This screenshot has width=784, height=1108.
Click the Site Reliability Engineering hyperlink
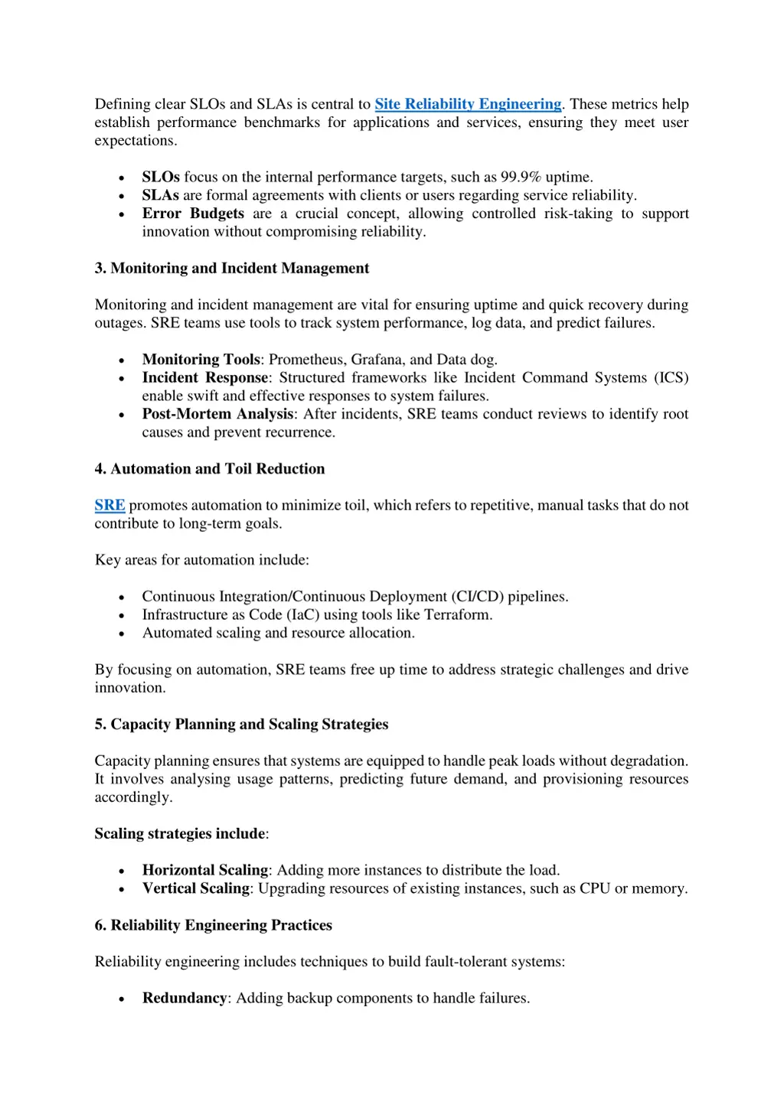[468, 104]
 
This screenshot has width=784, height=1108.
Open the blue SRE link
[109, 505]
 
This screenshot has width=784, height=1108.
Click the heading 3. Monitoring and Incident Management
[231, 268]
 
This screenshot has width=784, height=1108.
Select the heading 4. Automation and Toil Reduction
[209, 468]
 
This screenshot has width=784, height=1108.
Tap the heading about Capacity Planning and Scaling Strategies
[241, 724]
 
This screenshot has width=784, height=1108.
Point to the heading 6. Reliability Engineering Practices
[213, 925]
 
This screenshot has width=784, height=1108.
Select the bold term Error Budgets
[193, 213]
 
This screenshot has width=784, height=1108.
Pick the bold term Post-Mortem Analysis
[218, 414]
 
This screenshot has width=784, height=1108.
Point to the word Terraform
[457, 614]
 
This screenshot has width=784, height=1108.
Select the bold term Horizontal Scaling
[205, 870]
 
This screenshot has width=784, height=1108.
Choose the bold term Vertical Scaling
[196, 888]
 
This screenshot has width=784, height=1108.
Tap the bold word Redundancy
[185, 998]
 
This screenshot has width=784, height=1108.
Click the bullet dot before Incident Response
[122, 379]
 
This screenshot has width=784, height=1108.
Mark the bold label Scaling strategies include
[180, 833]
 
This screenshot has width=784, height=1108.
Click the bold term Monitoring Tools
[201, 360]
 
